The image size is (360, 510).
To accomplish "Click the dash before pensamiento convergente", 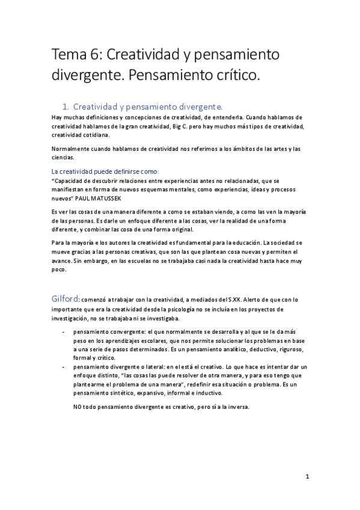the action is tap(64, 331).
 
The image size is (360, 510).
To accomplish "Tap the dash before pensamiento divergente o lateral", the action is tap(64, 366).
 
